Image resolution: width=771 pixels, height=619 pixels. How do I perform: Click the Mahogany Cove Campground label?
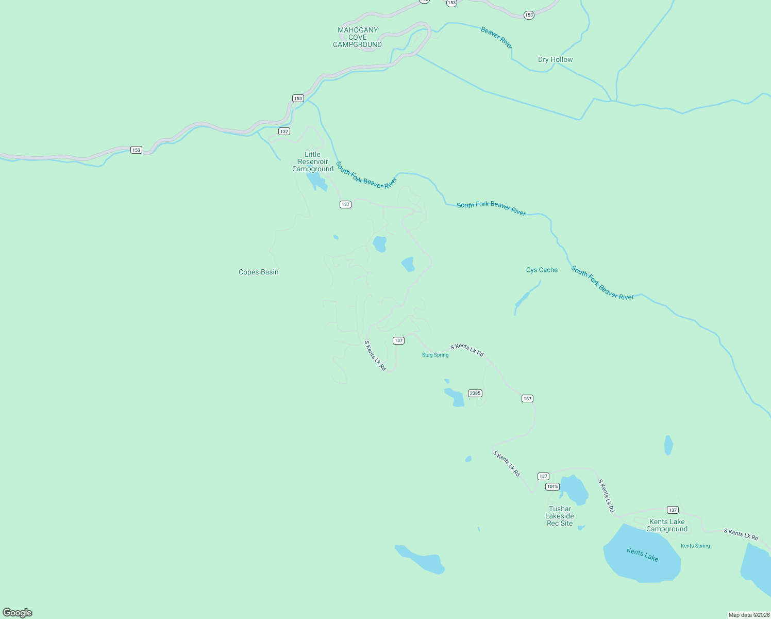pyautogui.click(x=357, y=37)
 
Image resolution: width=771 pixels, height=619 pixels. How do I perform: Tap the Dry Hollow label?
pyautogui.click(x=555, y=59)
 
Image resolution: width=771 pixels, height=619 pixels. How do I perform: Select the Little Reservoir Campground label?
pyautogui.click(x=313, y=161)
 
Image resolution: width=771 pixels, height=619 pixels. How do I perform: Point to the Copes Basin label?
pyautogui.click(x=258, y=272)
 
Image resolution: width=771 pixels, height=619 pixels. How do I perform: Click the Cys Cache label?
pyautogui.click(x=542, y=270)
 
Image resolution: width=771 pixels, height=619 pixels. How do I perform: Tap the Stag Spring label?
pyautogui.click(x=435, y=355)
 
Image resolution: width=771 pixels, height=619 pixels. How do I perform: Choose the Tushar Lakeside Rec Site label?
pyautogui.click(x=560, y=516)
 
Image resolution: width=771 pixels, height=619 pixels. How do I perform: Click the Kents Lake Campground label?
pyautogui.click(x=667, y=525)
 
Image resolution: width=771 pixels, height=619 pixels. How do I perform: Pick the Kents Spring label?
pyautogui.click(x=695, y=546)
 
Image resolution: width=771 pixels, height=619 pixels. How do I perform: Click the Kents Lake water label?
pyautogui.click(x=642, y=555)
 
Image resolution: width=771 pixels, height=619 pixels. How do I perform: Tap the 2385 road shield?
pyautogui.click(x=475, y=393)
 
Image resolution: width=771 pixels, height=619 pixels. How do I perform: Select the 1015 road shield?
pyautogui.click(x=552, y=486)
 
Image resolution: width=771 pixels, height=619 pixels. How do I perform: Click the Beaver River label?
pyautogui.click(x=496, y=38)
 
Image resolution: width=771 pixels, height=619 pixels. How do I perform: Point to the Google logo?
pyautogui.click(x=18, y=613)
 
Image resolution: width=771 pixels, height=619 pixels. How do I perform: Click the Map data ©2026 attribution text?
pyautogui.click(x=749, y=615)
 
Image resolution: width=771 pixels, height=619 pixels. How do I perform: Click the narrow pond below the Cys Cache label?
pyautogui.click(x=524, y=299)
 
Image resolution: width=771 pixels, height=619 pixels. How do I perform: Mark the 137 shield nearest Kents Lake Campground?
pyautogui.click(x=673, y=510)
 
